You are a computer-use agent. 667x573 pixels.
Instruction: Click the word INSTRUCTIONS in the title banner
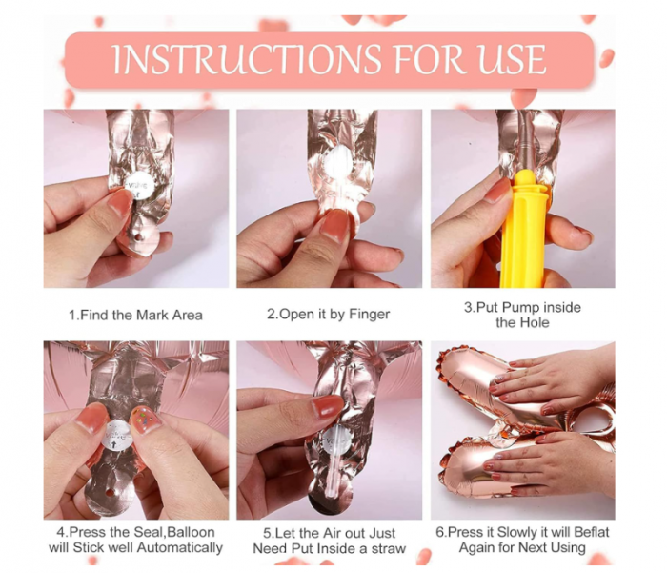point(247,59)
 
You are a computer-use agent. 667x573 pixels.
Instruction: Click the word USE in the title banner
point(513,59)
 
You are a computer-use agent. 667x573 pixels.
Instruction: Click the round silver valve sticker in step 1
point(141,186)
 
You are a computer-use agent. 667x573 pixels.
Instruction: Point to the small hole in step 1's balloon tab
point(137,236)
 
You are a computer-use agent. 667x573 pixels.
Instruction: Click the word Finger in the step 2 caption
point(370,315)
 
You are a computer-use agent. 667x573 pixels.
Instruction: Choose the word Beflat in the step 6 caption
point(592,532)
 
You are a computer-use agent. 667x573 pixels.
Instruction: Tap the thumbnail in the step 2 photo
point(335,225)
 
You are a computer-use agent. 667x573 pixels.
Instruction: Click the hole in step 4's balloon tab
point(111,493)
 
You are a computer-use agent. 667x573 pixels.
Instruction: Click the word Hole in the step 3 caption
point(536,322)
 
